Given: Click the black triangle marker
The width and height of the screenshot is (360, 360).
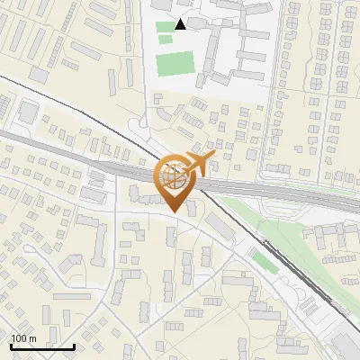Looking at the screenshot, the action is click(x=181, y=24).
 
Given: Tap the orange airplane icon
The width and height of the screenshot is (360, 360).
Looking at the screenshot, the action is click(x=199, y=164).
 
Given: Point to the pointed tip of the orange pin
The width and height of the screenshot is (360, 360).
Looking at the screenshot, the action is click(x=175, y=212).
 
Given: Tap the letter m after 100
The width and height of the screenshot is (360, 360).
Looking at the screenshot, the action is click(x=32, y=338).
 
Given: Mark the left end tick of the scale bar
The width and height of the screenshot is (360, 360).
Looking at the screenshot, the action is click(x=11, y=346).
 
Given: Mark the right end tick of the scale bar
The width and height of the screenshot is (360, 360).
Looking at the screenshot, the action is click(x=74, y=346).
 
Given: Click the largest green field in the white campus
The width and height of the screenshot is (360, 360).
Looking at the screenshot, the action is click(x=173, y=64).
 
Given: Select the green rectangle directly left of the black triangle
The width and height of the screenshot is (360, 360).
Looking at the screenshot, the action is click(x=164, y=26).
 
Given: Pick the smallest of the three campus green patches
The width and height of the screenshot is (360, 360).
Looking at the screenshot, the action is click(x=165, y=39).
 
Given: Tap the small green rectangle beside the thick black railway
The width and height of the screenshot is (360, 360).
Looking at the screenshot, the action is click(x=263, y=262).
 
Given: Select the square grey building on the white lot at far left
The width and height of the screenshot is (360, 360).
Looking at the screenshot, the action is click(x=28, y=112).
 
